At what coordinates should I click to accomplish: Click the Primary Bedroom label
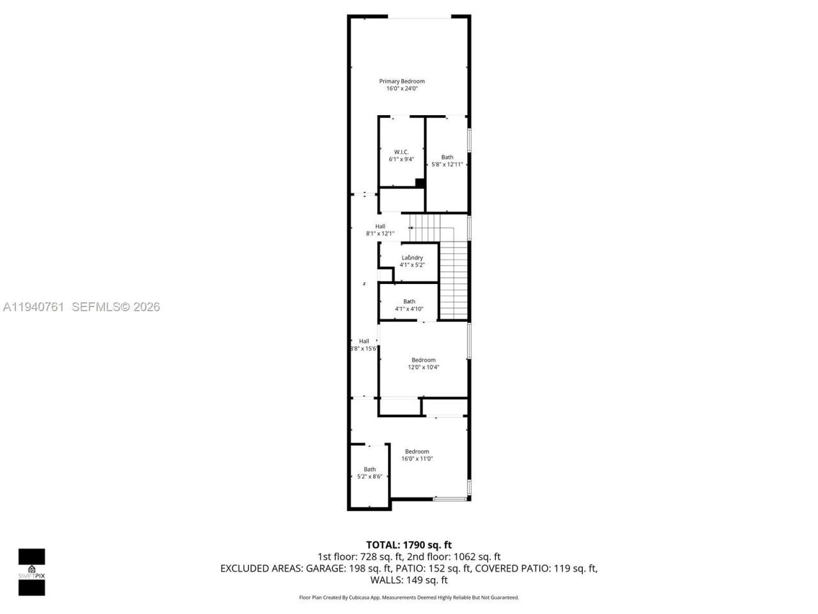pyautogui.click(x=401, y=81)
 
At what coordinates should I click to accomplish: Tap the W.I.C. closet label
pyautogui.click(x=401, y=152)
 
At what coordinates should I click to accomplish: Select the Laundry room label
pyautogui.click(x=412, y=258)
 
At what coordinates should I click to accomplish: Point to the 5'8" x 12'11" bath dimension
pyautogui.click(x=447, y=164)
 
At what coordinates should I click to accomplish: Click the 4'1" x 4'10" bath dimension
pyautogui.click(x=409, y=309)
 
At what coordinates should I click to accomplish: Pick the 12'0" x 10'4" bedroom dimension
pyautogui.click(x=423, y=367)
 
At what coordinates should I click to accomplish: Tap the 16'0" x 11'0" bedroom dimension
pyautogui.click(x=417, y=459)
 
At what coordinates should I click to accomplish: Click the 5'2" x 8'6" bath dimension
pyautogui.click(x=369, y=476)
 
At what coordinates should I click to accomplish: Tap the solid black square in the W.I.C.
pyautogui.click(x=420, y=183)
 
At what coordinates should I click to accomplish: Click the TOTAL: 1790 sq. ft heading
pyautogui.click(x=408, y=545)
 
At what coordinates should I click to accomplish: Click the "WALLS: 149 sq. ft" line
pyautogui.click(x=408, y=580)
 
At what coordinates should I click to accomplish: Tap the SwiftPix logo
pyautogui.click(x=31, y=572)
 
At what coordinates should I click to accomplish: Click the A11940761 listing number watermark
pyautogui.click(x=33, y=307)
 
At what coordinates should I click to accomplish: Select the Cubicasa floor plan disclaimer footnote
pyautogui.click(x=408, y=597)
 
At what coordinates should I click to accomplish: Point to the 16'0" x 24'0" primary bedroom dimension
pyautogui.click(x=401, y=89)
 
